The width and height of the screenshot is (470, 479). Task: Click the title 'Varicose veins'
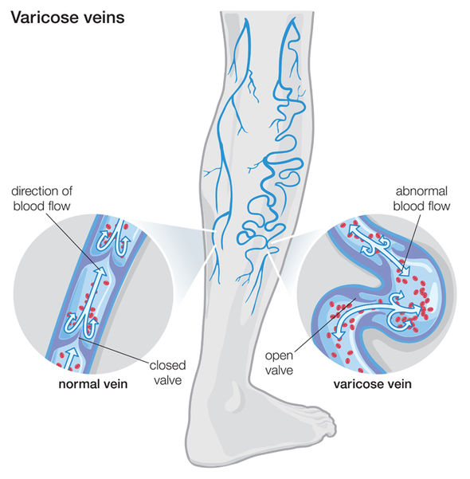tap(68, 18)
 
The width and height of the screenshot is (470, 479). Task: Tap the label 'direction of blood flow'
tap(42, 198)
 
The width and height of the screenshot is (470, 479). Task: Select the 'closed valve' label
tap(167, 373)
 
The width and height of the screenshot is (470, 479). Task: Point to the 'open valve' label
tap(279, 363)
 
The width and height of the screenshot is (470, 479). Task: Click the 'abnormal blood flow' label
tap(421, 198)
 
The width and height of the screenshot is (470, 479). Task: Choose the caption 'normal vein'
tap(93, 384)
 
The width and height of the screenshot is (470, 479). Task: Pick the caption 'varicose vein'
tap(373, 384)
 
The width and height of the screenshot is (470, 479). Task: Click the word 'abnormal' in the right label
tap(421, 191)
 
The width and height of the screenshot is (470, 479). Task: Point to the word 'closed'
tap(167, 366)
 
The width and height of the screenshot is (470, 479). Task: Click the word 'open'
tap(279, 356)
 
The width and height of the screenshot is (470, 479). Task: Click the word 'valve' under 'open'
tap(279, 371)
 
